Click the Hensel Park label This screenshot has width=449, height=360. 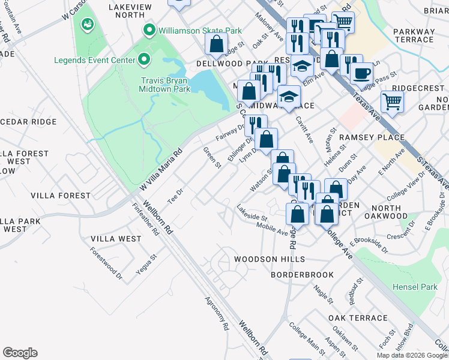tap(415, 287)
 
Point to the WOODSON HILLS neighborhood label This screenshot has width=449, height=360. tap(270, 259)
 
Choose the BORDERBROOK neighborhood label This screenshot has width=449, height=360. tap(302, 275)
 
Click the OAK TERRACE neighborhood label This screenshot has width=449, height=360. tap(358, 318)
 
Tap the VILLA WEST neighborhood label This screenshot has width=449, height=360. tap(116, 239)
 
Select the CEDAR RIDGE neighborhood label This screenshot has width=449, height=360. tap(28, 121)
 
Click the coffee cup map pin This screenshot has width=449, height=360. tap(361, 73)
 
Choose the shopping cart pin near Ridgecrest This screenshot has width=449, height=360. tap(392, 101)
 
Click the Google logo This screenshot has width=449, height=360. tap(20, 353)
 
